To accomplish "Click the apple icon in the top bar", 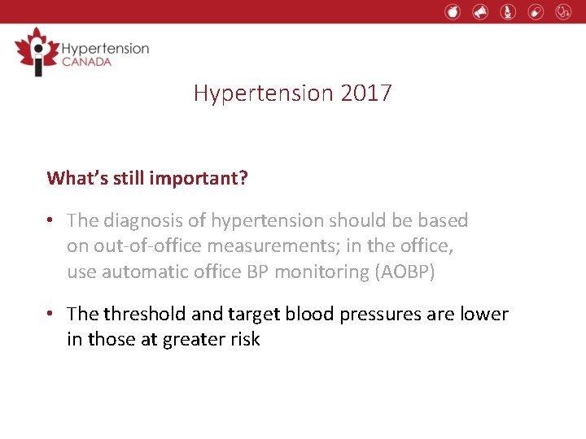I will click(x=453, y=11).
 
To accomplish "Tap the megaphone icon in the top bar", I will click(x=480, y=11).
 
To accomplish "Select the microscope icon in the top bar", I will click(x=508, y=11).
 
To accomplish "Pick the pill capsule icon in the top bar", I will click(x=535, y=11).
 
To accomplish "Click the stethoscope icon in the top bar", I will click(x=563, y=11).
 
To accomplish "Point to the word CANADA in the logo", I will click(x=87, y=63).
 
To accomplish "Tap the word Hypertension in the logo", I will click(x=105, y=48).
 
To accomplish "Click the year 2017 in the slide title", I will click(x=366, y=93).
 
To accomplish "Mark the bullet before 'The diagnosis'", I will click(x=51, y=221).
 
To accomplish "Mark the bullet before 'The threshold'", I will click(x=51, y=315).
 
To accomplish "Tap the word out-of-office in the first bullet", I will click(x=146, y=246).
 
